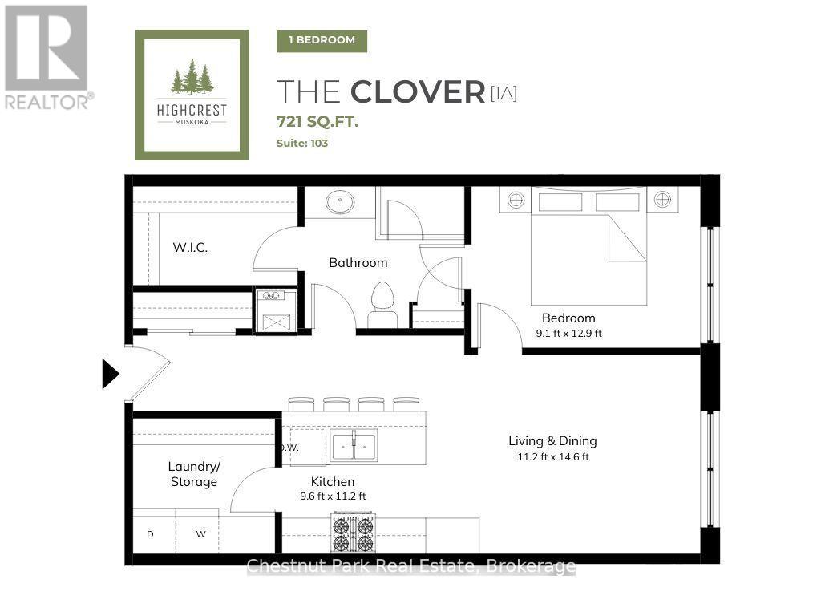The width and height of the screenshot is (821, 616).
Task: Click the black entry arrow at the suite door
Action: [x=110, y=374]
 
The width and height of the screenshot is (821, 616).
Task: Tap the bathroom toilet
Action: [x=382, y=305]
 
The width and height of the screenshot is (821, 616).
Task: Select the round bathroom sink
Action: [x=340, y=202]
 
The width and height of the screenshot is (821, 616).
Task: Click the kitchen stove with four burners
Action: [x=353, y=533]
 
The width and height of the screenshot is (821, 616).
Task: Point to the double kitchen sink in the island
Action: [x=354, y=447]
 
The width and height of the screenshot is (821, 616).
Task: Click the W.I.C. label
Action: [x=190, y=247]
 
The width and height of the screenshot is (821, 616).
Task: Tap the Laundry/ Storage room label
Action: [x=194, y=474]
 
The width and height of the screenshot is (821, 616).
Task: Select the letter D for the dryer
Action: [x=150, y=534]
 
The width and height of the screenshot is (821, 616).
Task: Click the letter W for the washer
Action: [x=201, y=534]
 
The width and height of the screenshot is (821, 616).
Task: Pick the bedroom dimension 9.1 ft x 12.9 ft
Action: [x=568, y=333]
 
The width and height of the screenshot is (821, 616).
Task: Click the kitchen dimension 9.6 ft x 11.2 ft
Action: [x=333, y=496]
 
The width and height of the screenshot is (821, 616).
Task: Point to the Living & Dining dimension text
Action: [x=553, y=456]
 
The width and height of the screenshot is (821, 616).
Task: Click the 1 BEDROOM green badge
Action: [x=322, y=40]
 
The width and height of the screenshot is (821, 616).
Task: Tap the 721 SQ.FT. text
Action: [x=317, y=122]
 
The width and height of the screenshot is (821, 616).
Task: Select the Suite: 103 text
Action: [x=302, y=143]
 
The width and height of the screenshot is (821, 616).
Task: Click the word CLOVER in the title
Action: [x=418, y=92]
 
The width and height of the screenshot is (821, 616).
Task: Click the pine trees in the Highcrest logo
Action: [x=192, y=77]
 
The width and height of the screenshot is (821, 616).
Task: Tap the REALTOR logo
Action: [x=48, y=58]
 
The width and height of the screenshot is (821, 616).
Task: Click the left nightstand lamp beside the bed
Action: [x=516, y=200]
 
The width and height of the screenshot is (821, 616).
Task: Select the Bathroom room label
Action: [x=358, y=262]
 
